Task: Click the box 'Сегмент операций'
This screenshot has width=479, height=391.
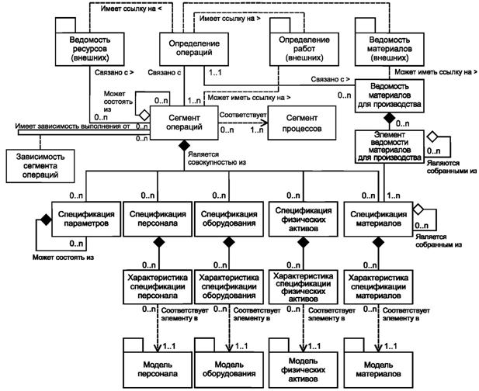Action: click(x=184, y=125)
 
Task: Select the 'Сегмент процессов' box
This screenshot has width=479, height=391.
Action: click(x=300, y=125)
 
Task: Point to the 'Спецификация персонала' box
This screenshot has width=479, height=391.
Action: click(x=157, y=217)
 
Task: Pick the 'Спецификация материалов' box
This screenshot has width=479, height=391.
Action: click(x=377, y=217)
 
